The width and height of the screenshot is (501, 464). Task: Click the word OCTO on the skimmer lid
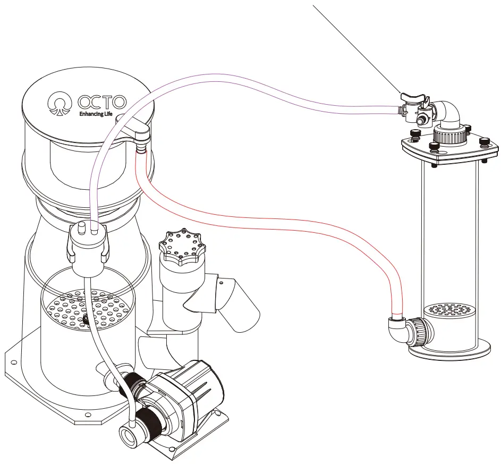102,101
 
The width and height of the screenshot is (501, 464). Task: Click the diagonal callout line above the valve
356,48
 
